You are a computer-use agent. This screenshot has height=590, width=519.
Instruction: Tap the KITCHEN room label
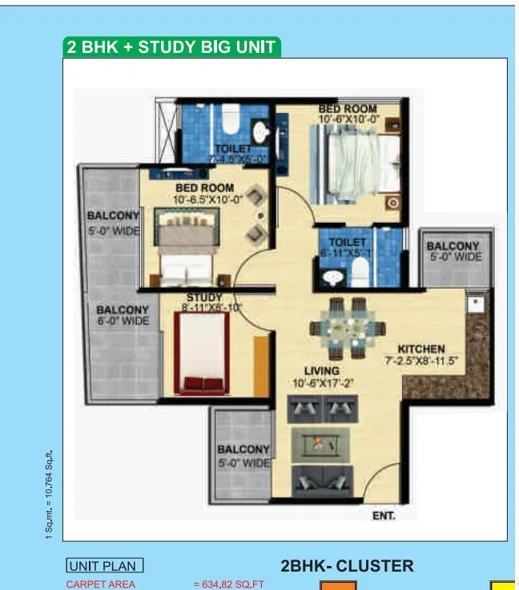click(x=420, y=350)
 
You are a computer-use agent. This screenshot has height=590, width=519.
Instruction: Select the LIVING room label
click(x=321, y=370)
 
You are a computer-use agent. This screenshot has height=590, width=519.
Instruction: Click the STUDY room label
click(x=204, y=298)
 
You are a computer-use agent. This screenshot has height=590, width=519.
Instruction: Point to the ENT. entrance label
click(x=384, y=517)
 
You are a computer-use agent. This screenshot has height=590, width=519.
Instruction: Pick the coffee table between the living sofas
click(x=320, y=443)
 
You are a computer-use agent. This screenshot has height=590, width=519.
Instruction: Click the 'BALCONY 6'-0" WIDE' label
click(x=123, y=315)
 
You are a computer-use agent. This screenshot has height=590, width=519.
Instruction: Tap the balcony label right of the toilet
click(x=453, y=252)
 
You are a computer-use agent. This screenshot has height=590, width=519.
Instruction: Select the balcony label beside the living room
click(x=244, y=456)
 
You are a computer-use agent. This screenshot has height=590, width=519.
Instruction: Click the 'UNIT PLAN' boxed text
click(x=105, y=567)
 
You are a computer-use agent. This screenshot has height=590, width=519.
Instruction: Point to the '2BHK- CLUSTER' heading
click(x=347, y=567)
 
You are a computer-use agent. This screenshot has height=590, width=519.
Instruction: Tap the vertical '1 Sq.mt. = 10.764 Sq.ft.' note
click(x=49, y=488)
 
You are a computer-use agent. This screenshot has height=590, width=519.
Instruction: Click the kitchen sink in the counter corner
click(x=474, y=305)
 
